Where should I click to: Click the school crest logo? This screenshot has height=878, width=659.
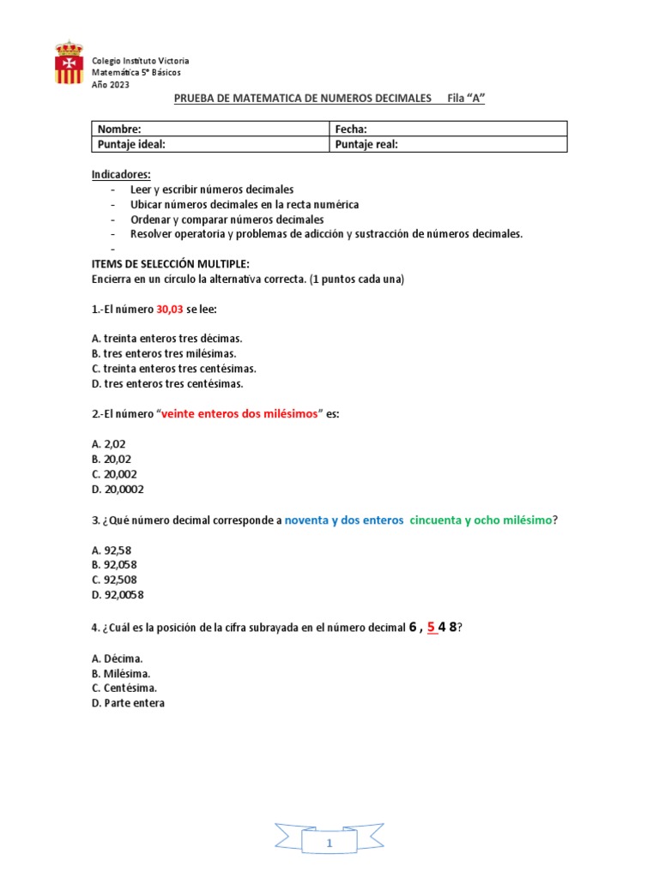(x=69, y=63)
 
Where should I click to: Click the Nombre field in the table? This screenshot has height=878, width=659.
(x=210, y=129)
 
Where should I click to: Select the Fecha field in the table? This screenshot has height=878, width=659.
(x=448, y=129)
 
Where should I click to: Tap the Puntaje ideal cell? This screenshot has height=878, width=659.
(x=210, y=144)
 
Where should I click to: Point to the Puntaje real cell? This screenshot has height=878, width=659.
(x=448, y=144)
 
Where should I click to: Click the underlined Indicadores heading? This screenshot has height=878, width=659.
(x=121, y=174)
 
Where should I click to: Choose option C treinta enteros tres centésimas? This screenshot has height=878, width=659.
(x=173, y=369)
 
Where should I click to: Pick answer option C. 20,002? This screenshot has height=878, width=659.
(x=113, y=474)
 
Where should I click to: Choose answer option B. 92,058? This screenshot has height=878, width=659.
(x=113, y=565)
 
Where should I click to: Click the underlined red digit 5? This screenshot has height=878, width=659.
(x=431, y=627)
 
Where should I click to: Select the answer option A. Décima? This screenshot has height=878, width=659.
(x=117, y=658)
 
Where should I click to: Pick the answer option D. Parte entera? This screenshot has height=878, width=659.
(x=128, y=703)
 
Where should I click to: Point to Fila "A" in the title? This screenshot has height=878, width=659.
(x=466, y=99)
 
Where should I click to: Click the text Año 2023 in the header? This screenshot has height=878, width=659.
(x=111, y=85)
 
